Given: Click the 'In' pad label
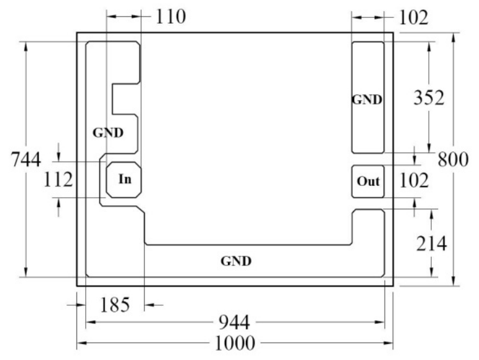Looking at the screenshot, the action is coord(125,179).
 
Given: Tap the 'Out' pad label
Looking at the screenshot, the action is coord(368,181).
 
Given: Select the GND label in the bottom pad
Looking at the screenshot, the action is coord(236,261).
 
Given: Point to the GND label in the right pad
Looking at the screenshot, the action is coord(367,99).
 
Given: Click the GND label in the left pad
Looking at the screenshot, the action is coord(108,132).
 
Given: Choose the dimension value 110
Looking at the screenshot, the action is coord(170,17).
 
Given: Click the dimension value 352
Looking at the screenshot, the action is coord(429,98).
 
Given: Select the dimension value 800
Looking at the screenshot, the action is coord(453,159).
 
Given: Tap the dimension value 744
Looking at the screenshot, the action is coord(25,159).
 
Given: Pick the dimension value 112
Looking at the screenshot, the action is coord(58,180).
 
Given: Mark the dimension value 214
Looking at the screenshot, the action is coord(431,244).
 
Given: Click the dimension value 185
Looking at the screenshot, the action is coord(115,305).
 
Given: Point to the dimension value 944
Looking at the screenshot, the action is coord(235,322).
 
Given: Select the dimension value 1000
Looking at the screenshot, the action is coord(235,343).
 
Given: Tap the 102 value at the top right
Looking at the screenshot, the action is coord(414,17).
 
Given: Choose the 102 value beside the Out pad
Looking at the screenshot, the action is coord(414,180).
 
